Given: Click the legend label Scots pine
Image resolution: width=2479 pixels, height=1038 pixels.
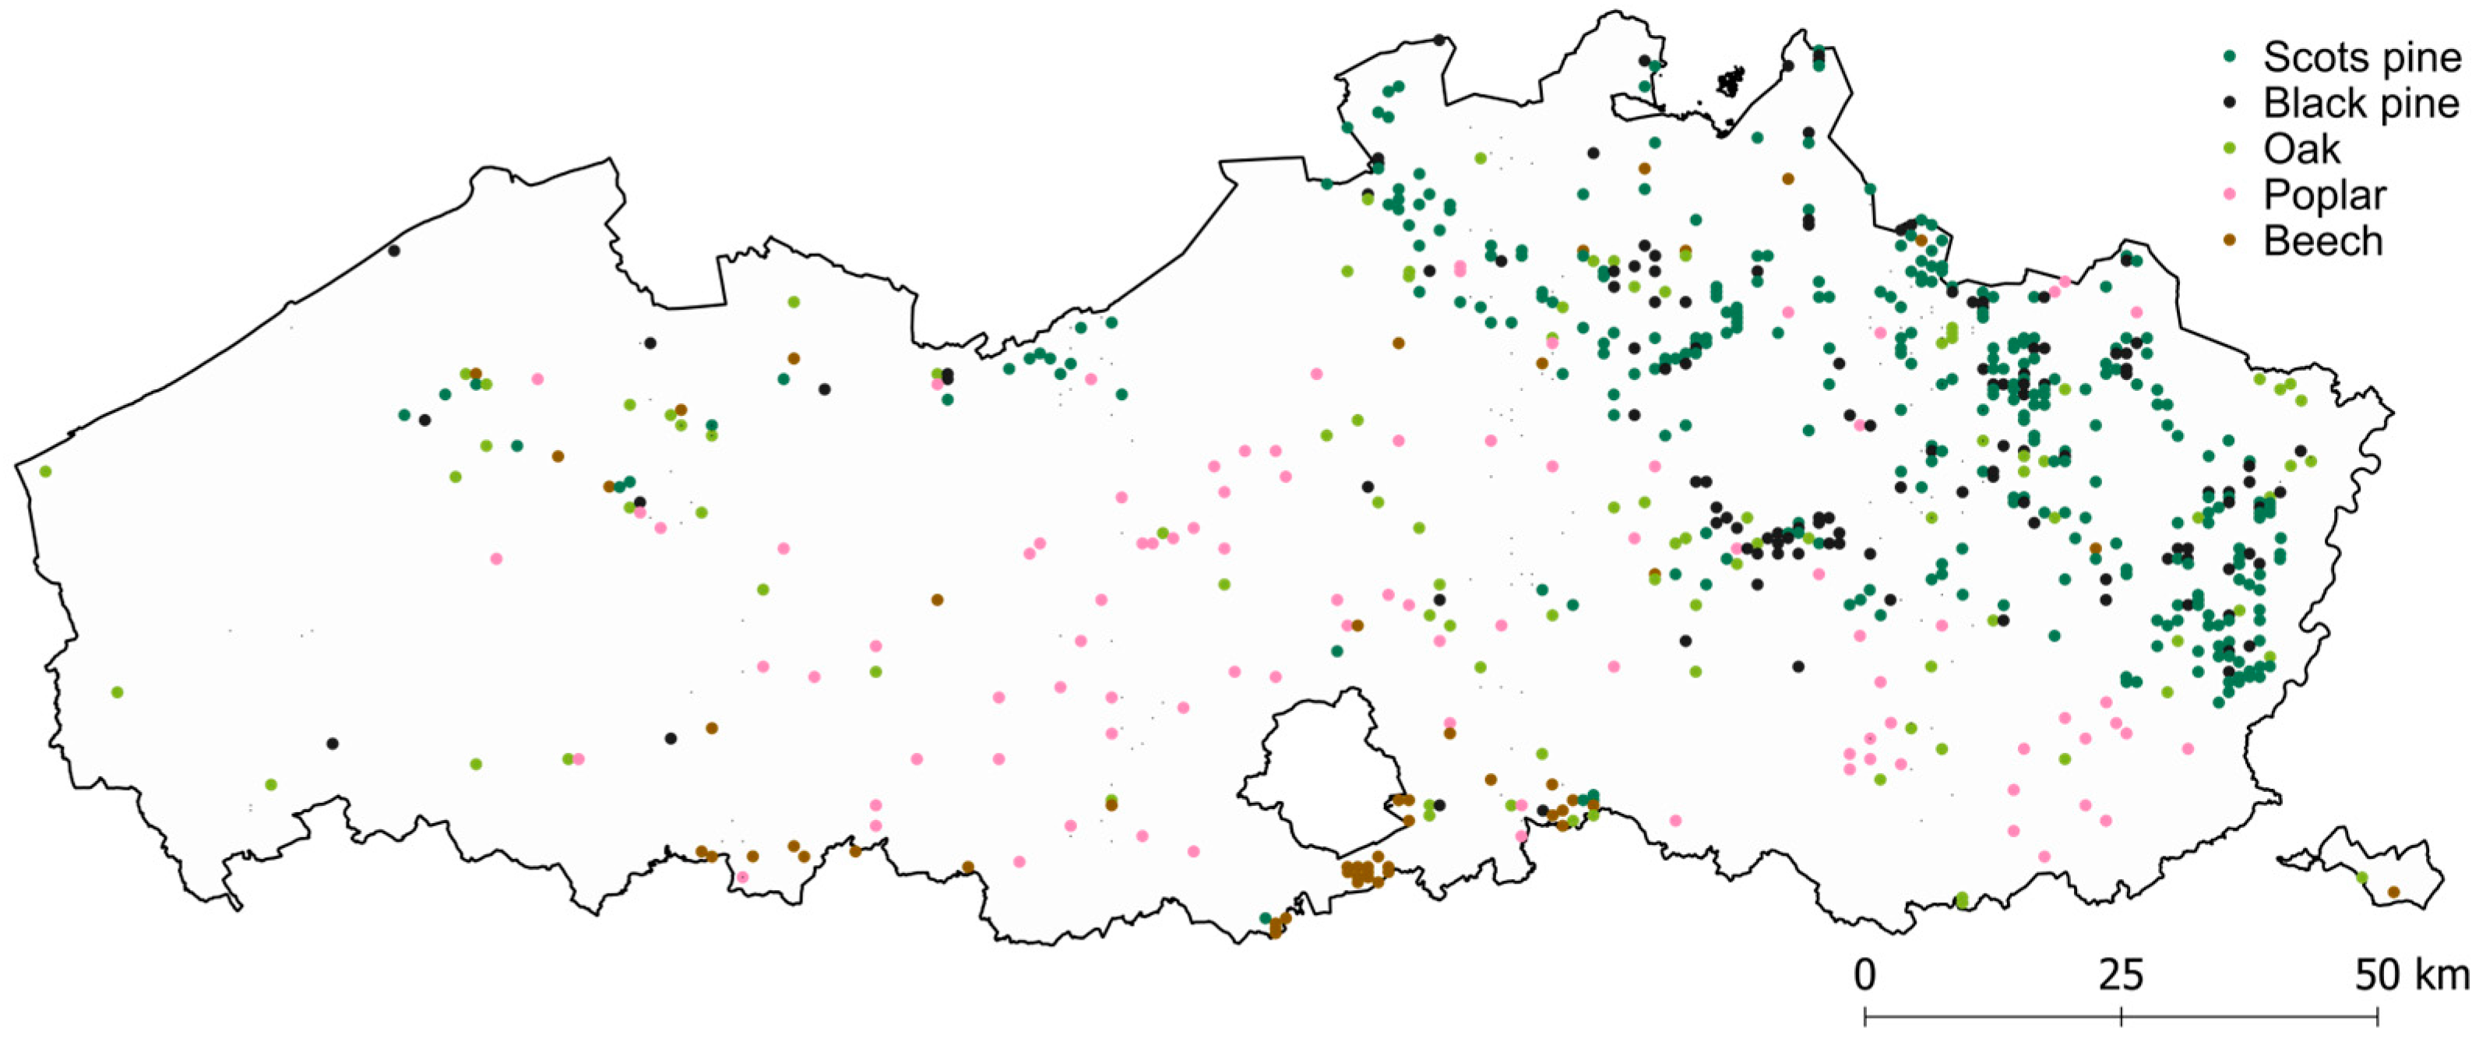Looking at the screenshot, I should pyautogui.click(x=2361, y=58).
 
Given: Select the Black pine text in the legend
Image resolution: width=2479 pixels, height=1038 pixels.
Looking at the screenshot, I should pyautogui.click(x=2361, y=103).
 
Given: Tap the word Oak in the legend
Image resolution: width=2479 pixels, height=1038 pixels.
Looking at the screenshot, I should pyautogui.click(x=2302, y=149).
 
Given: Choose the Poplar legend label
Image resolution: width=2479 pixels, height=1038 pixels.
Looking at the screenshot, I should pyautogui.click(x=2324, y=195).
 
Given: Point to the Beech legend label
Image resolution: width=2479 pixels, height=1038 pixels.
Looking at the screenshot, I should pyautogui.click(x=2322, y=241).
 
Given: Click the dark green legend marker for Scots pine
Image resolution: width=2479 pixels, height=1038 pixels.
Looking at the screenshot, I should pyautogui.click(x=2229, y=57).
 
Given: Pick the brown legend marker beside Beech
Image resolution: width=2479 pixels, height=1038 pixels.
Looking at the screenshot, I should pyautogui.click(x=2229, y=241).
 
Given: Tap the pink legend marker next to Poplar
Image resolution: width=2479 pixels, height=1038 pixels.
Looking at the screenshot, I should pyautogui.click(x=2229, y=195).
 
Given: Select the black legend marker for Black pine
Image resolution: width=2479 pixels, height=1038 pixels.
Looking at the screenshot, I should pyautogui.click(x=2229, y=103).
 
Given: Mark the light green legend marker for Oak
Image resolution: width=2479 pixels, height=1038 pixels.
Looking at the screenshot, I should pyautogui.click(x=2229, y=149).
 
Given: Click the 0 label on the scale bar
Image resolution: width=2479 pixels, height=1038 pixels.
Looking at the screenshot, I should pyautogui.click(x=1865, y=976).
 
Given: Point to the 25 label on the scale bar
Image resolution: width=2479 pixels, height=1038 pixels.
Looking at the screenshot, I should pyautogui.click(x=2121, y=976).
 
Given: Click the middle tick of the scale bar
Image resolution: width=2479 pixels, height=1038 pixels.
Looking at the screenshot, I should pyautogui.click(x=2121, y=1016).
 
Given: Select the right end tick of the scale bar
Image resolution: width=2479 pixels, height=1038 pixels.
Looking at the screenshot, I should pyautogui.click(x=2378, y=1016).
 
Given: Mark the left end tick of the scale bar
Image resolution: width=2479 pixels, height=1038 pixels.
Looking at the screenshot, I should pyautogui.click(x=1865, y=1016).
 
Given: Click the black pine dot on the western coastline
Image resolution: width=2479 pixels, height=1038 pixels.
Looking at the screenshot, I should pyautogui.click(x=393, y=251).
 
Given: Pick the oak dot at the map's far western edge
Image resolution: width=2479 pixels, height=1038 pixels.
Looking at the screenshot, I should pyautogui.click(x=45, y=471).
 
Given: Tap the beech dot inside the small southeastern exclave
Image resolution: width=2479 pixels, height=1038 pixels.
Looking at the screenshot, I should pyautogui.click(x=2393, y=892).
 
